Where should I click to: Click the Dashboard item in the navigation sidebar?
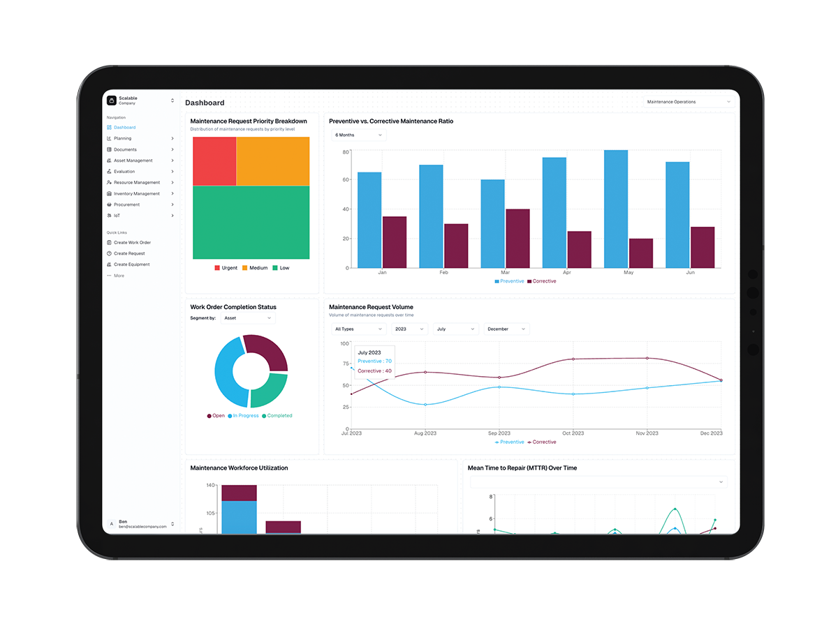(125, 128)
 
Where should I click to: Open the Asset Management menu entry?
(133, 160)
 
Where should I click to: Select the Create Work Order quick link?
(132, 243)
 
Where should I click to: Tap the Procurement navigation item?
(126, 204)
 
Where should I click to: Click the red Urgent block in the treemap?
(214, 161)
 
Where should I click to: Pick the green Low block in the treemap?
(251, 223)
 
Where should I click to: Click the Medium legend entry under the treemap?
(255, 268)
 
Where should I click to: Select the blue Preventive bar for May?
(616, 209)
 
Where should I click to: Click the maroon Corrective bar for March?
(517, 238)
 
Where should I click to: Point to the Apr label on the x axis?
(566, 273)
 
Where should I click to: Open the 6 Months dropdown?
(359, 135)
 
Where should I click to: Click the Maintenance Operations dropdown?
(689, 102)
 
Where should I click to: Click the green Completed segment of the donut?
(270, 390)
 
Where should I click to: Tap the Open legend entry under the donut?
(216, 416)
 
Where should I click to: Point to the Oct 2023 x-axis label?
(573, 433)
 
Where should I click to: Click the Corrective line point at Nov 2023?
(647, 358)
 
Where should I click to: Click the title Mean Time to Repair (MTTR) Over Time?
(522, 468)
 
